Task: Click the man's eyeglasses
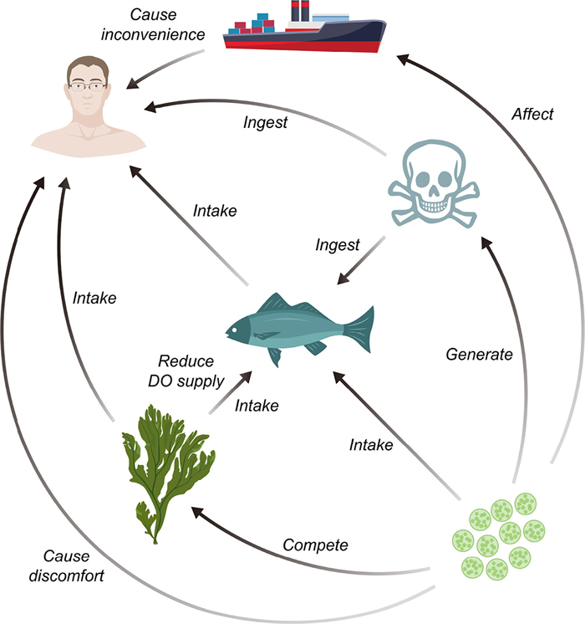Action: (x=89, y=85)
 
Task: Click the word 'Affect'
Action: (x=532, y=114)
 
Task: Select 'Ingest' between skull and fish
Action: (x=338, y=245)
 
